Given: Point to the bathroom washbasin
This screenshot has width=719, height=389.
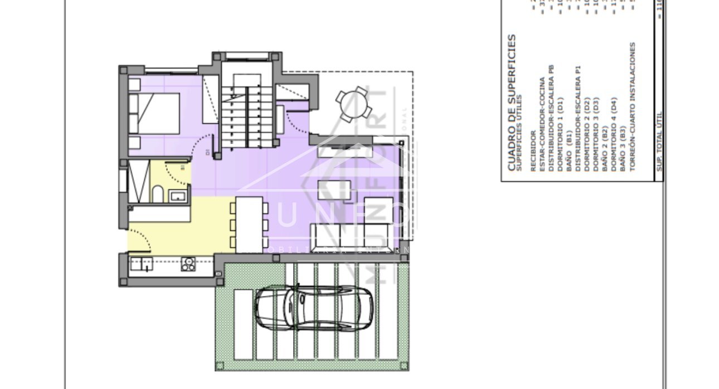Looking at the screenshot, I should (177, 195).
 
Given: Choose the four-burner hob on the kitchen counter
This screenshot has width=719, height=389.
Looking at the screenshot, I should (188, 264).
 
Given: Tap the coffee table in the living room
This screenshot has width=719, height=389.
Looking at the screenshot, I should (334, 191).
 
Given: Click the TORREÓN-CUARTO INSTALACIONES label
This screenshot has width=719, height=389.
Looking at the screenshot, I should (632, 106).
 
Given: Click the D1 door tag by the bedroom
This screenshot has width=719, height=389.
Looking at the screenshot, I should (207, 152).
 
